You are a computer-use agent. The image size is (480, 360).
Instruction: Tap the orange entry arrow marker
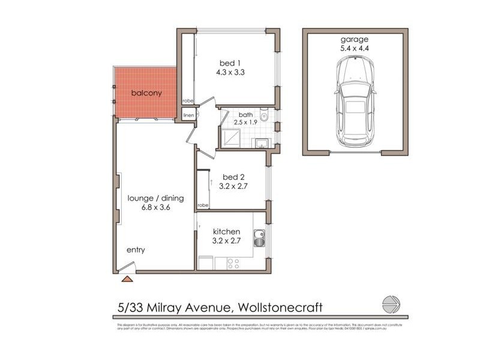point(127,278)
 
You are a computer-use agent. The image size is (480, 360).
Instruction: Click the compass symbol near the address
point(391,305)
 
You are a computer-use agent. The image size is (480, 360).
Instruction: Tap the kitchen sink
point(259,239)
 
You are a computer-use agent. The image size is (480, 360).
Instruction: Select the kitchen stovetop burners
point(233,262)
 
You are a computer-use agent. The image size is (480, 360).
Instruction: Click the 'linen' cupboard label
point(188,115)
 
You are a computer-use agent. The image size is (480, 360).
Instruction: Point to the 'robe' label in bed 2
point(203,205)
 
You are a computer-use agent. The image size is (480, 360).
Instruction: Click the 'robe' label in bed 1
point(188,101)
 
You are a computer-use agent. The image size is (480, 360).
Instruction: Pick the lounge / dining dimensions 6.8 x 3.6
point(155,208)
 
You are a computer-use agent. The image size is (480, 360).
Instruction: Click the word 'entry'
point(135,250)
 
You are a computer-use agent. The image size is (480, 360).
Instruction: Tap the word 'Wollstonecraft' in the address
point(281,308)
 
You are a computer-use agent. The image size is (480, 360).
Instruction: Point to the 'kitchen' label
point(227,232)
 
